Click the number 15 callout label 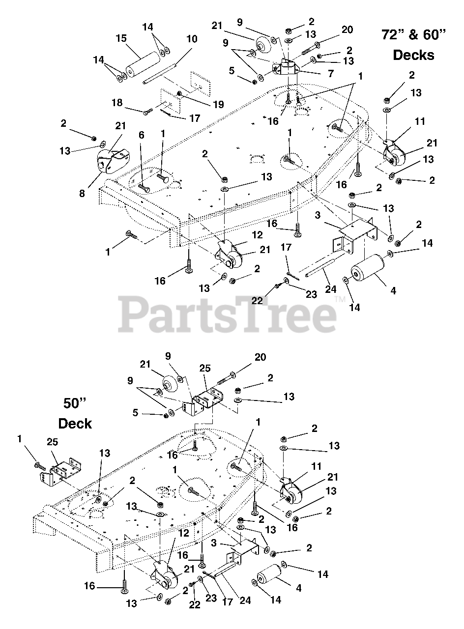coord(121,38)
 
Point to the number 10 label coord(192,39)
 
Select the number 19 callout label coord(218,105)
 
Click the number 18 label coord(117,103)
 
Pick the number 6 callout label coord(142,135)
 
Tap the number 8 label coord(82,194)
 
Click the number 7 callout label coord(331,74)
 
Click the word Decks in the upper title coord(413,55)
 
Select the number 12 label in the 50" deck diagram coord(184,533)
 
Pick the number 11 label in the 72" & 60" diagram coord(420,121)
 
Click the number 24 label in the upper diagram coord(331,289)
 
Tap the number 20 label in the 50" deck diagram coord(260,357)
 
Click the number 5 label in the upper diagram coord(232,71)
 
